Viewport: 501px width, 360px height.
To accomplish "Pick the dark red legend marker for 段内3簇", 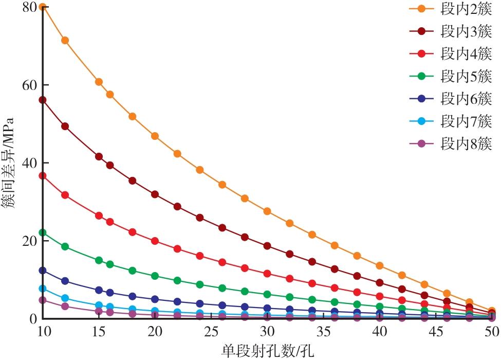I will (x=422, y=31).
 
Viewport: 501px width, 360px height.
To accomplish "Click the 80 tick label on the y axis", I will (x=29, y=7).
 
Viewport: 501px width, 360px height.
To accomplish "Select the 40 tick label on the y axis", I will (x=29, y=163).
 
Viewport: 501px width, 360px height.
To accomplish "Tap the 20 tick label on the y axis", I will (x=29, y=241).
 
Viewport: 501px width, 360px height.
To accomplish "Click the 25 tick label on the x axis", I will (x=211, y=332).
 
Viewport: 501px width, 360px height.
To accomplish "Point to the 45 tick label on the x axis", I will (x=436, y=332).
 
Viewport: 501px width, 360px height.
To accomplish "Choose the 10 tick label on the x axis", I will (x=43, y=332).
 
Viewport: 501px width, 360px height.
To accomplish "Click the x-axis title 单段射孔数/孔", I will (x=267, y=351).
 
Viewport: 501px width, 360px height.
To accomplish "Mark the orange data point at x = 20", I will (x=155, y=136).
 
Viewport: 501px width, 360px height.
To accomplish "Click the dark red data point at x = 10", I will (x=43, y=100).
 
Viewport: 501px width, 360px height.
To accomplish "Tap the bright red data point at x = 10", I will (x=43, y=176).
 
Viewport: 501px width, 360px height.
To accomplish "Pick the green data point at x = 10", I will (x=43, y=232).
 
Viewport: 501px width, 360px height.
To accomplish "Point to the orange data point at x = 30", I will (x=267, y=211).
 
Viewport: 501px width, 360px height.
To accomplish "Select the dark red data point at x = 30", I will (x=267, y=246).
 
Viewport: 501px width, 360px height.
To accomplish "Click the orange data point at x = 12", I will (x=65, y=41).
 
